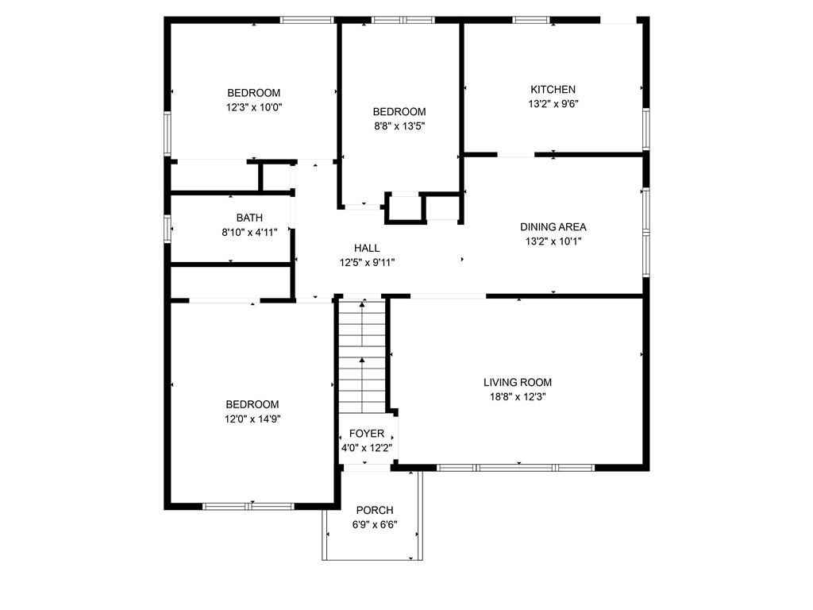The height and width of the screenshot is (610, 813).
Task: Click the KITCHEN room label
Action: (x=553, y=89)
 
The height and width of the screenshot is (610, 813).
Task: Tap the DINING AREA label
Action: (x=553, y=226)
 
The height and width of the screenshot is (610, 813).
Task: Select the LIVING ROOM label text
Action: (x=518, y=382)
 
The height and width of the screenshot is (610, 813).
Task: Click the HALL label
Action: (x=367, y=248)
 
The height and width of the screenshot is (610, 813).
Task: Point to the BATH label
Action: (x=249, y=218)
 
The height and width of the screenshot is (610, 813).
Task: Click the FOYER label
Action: (x=367, y=434)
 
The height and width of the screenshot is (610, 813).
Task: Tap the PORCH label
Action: (x=375, y=510)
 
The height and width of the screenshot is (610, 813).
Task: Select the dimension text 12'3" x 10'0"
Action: (x=254, y=107)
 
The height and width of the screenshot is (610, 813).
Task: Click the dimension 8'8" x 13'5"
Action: (x=400, y=126)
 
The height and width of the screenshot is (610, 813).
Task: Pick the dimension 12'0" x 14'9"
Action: (x=252, y=419)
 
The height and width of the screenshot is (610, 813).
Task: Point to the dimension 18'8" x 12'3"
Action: (x=518, y=397)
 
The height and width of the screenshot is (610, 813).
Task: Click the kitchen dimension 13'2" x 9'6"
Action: (x=553, y=104)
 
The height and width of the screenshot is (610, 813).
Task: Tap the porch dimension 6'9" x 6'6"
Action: (x=375, y=524)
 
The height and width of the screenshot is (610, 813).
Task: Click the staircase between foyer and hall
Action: (x=362, y=357)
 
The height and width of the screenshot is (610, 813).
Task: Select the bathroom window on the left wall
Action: (x=168, y=229)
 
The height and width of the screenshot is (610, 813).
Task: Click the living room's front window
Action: (x=516, y=468)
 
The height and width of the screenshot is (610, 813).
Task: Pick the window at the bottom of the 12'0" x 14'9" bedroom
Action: (x=249, y=506)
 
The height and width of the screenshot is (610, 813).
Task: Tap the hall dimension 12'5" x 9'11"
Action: (x=367, y=262)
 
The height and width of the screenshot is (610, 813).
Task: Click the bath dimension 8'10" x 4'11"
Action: (x=249, y=232)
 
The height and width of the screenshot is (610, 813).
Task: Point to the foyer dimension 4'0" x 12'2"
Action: (x=367, y=448)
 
